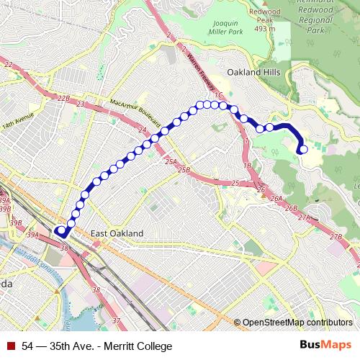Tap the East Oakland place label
pyautogui.click(x=117, y=233)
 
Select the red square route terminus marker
pyautogui.click(x=61, y=232)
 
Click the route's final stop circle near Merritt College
pyautogui.click(x=303, y=150)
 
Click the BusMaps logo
pyautogui.click(x=325, y=346)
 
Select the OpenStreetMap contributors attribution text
pyautogui.click(x=297, y=323)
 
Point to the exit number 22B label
pyautogui.click(x=64, y=98)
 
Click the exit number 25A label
pyautogui.click(x=170, y=161)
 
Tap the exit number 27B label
pyautogui.click(x=336, y=236)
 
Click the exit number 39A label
pyautogui.click(x=33, y=235)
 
